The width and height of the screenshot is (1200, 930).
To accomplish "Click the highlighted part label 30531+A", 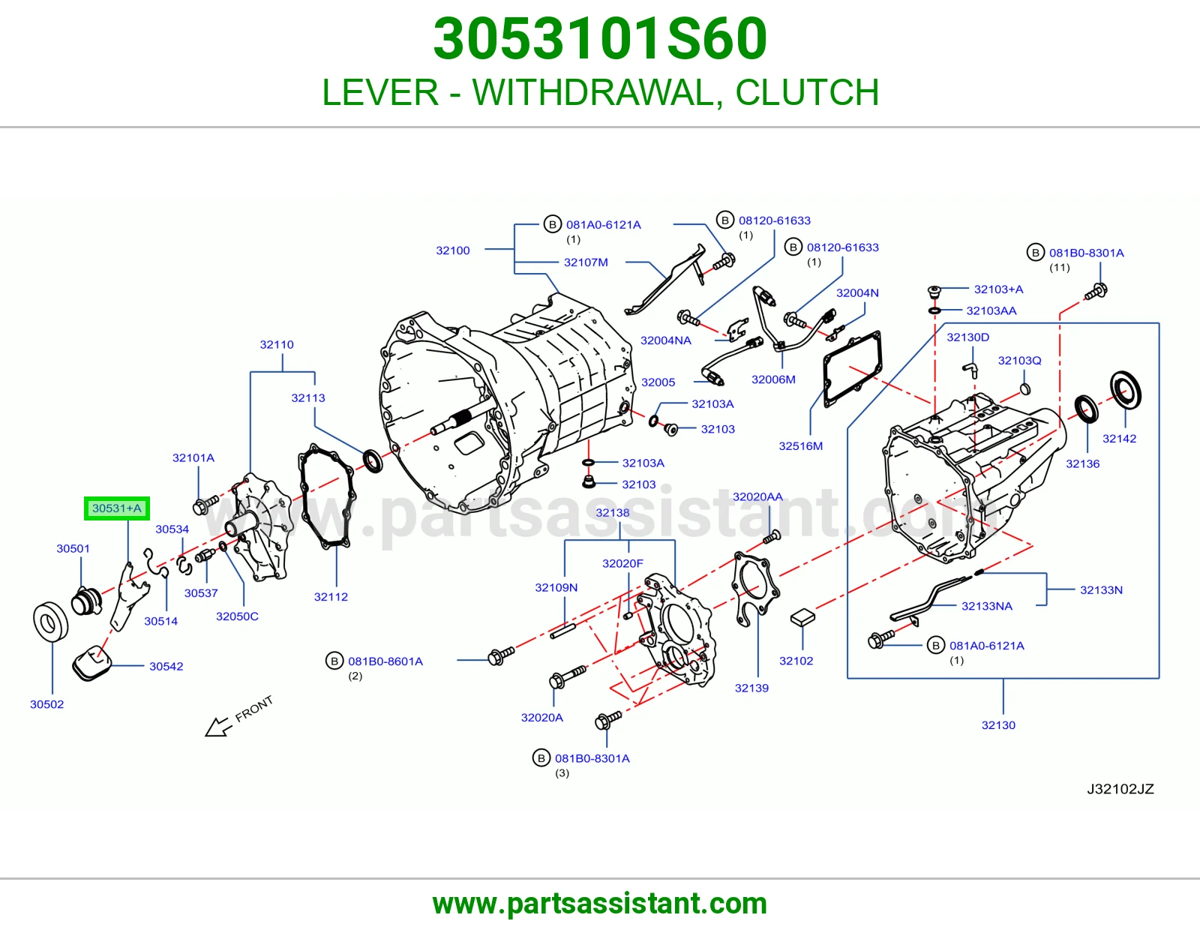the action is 116,508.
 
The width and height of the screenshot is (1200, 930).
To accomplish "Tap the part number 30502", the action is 47,704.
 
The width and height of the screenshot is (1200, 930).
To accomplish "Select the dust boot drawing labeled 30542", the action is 91,662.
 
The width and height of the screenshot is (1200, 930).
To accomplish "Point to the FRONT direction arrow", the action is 217,726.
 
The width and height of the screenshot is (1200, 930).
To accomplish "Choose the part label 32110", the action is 277,344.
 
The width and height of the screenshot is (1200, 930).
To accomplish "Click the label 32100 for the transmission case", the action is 453,250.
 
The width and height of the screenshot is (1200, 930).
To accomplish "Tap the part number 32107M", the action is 586,262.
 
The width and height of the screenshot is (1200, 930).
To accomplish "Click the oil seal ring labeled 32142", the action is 1126,391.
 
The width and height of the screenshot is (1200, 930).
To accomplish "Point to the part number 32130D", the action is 968,337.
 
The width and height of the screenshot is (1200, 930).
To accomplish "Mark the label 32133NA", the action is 987,606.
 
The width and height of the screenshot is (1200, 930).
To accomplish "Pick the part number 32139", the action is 751,688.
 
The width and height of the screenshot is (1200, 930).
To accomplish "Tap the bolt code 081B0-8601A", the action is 385,661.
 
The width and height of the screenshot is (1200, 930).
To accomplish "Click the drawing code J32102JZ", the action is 1120,788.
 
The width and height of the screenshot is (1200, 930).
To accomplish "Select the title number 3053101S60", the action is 600,39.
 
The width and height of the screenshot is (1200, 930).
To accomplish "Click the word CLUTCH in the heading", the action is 807,92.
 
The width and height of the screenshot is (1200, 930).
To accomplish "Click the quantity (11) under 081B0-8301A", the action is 1060,267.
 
